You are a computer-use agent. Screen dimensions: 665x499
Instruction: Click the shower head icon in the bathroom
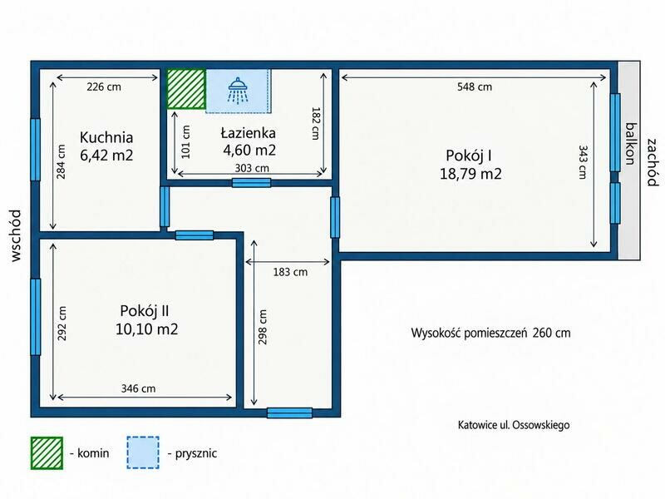coord(239,91)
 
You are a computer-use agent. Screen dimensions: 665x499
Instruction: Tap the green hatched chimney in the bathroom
coord(186,89)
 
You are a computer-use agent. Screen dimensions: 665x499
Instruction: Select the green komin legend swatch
coord(47,453)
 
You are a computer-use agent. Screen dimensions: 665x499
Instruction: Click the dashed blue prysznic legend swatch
coord(143,452)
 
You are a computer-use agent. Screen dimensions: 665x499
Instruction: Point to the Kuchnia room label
coord(106,137)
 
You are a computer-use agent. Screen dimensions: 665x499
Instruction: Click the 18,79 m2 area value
coord(470,174)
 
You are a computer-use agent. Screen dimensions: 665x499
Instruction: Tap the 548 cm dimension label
coord(475,87)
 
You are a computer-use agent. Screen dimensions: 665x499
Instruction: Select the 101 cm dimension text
coord(185,141)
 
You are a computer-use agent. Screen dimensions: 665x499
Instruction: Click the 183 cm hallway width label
coord(290,272)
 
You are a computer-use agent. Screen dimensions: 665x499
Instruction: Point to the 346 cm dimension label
coord(138,388)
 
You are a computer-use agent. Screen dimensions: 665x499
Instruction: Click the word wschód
coord(16,235)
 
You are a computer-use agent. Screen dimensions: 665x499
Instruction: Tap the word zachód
coord(653,162)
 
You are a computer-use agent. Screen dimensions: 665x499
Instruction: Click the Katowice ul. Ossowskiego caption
coord(514,425)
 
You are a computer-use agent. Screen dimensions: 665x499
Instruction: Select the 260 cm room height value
coord(551,333)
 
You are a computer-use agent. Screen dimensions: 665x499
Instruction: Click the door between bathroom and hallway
coord(252,183)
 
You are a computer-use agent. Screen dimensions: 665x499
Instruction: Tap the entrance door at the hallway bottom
coord(289,413)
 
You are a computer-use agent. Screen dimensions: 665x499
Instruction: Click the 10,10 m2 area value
coord(147,329)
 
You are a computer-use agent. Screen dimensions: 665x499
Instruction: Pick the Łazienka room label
coord(248,133)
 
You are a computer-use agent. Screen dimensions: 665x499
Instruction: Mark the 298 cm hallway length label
coord(263,327)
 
